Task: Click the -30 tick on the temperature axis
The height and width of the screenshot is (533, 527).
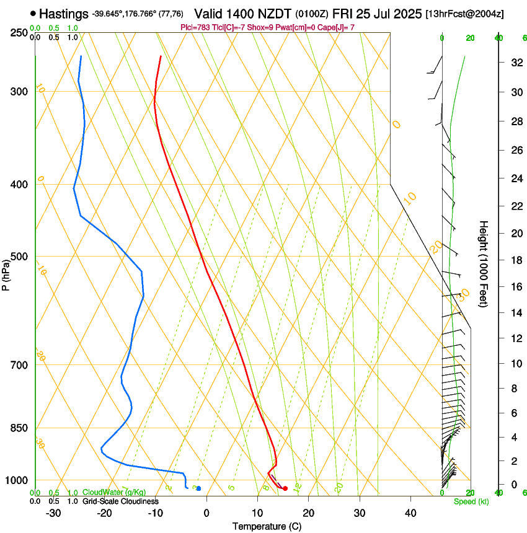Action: coord(53,513)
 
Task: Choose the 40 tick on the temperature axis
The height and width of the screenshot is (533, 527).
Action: coord(410,513)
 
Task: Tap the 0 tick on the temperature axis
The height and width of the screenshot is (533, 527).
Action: coord(206,513)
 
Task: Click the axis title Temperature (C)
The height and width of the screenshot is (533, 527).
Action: coord(267,526)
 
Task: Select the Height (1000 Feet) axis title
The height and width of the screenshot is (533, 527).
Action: coord(484,263)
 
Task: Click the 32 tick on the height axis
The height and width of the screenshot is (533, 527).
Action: coord(516,63)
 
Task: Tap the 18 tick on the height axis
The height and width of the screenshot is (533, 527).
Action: coord(516,260)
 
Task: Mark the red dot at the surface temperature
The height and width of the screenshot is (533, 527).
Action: coord(285,488)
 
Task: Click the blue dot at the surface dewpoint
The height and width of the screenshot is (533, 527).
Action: coord(198,488)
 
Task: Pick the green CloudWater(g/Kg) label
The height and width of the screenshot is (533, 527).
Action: coord(114,492)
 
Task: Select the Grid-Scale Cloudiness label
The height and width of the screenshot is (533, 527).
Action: coord(120,501)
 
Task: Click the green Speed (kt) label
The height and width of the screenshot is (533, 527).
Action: coord(471,501)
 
